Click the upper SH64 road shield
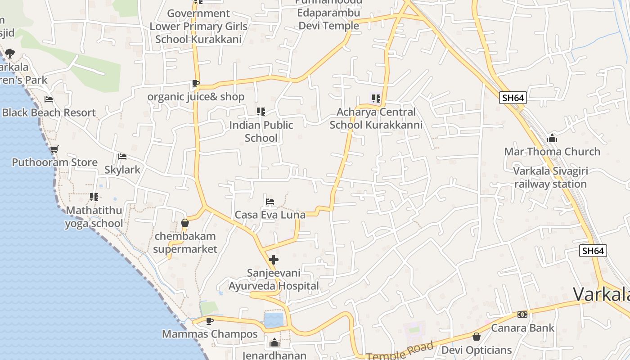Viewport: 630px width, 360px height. tap(513, 98)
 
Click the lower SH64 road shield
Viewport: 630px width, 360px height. tap(593, 251)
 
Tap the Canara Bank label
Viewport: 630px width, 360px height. tap(522, 328)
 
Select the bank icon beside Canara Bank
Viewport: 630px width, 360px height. tap(522, 315)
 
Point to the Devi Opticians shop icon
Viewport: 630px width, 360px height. tap(477, 337)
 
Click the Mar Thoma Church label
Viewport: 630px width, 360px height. tap(552, 152)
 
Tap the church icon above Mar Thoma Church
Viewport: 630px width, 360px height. tap(552, 138)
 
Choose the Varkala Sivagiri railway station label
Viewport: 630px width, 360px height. tap(550, 178)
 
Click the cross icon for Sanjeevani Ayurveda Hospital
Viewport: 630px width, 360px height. tap(273, 260)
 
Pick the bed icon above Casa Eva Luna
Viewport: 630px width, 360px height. tap(270, 201)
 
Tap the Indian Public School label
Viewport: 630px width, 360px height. tap(261, 131)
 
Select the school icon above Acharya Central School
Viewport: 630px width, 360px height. tap(376, 98)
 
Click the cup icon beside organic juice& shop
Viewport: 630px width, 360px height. tap(195, 83)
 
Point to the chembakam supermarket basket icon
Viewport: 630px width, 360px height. tap(185, 223)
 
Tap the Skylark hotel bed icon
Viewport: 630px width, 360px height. tap(122, 157)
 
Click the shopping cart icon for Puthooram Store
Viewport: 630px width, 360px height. tap(54, 149)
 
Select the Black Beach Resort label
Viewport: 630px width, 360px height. tap(49, 112)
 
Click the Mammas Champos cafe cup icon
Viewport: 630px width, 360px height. tap(209, 321)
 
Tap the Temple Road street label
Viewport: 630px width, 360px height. tap(400, 351)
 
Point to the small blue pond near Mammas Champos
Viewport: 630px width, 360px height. tap(274, 320)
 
